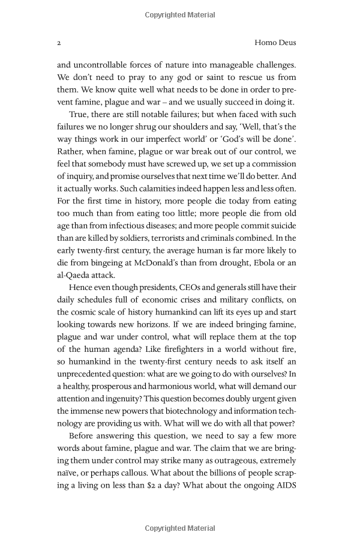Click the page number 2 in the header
pyautogui.click(x=59, y=43)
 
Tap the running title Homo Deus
pyautogui.click(x=275, y=43)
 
